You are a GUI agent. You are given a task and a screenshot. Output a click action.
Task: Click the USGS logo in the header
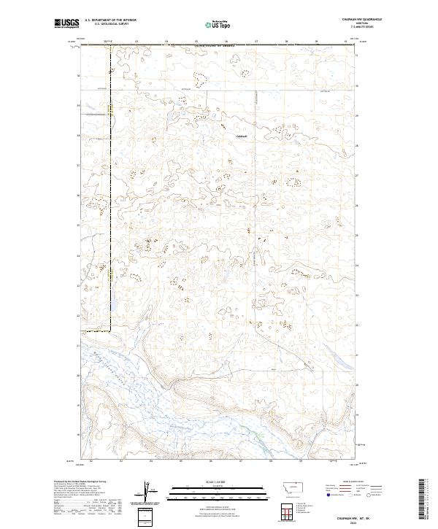click(x=67, y=23)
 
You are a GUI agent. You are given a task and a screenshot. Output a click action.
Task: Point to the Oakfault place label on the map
click(x=242, y=136)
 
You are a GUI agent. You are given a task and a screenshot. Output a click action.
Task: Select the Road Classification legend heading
click(x=345, y=482)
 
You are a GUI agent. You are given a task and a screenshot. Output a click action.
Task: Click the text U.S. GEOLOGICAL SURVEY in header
click(x=108, y=24)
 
